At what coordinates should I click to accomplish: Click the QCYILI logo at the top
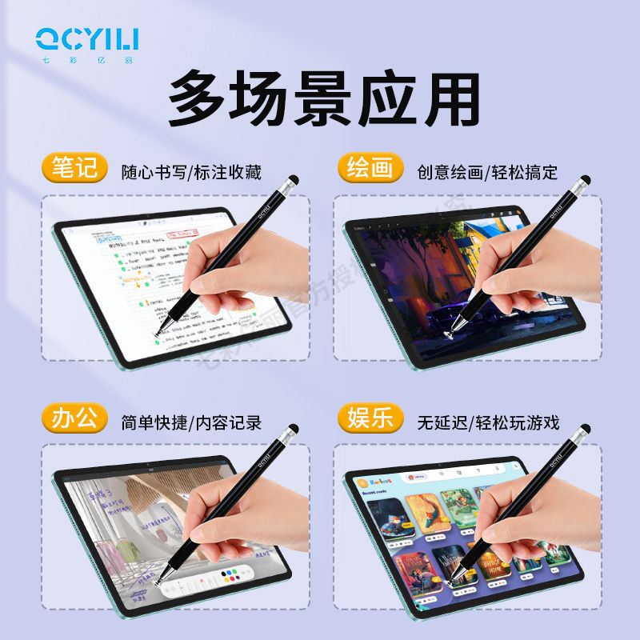87,37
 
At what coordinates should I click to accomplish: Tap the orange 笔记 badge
74,169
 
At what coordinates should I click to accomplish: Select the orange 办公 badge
74,419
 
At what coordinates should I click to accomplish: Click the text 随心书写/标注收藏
191,172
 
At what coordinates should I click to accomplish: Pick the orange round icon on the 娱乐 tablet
362,484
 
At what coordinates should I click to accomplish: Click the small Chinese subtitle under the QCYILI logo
87,58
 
